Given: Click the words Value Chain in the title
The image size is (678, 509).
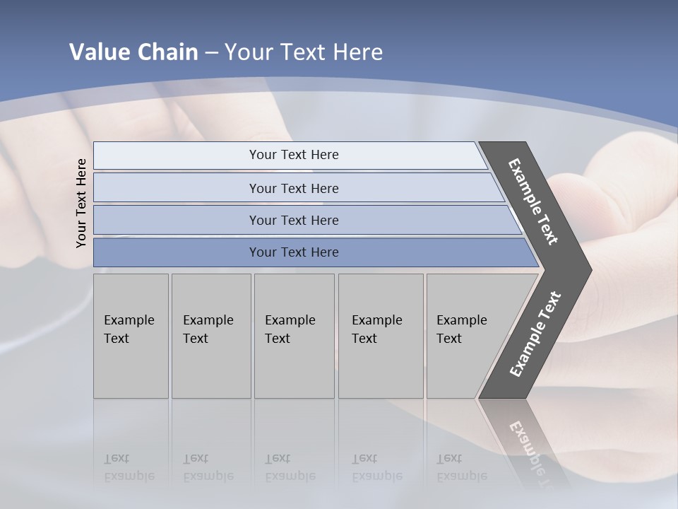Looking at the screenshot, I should click(133, 52).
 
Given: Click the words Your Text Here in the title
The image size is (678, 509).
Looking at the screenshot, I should click(304, 52).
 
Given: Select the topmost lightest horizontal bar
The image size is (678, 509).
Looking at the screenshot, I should click(177, 156).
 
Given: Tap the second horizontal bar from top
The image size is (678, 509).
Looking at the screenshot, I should click(177, 188).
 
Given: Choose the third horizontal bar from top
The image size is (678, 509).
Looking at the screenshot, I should click(177, 220).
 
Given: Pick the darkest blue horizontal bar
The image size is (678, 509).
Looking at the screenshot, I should click(177, 252).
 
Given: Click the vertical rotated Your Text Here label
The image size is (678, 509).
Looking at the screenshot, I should click(81, 203).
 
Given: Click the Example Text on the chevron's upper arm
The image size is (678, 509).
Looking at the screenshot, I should click(533, 201).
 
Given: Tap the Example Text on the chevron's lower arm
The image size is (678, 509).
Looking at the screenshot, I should click(535, 334).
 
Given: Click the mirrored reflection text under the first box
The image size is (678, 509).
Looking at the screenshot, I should click(129, 468).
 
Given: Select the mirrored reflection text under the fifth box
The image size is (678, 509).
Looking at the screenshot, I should click(461, 468).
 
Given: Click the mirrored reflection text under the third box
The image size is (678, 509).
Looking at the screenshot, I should click(290, 468).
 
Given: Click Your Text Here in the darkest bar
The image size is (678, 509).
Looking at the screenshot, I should click(294, 252).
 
